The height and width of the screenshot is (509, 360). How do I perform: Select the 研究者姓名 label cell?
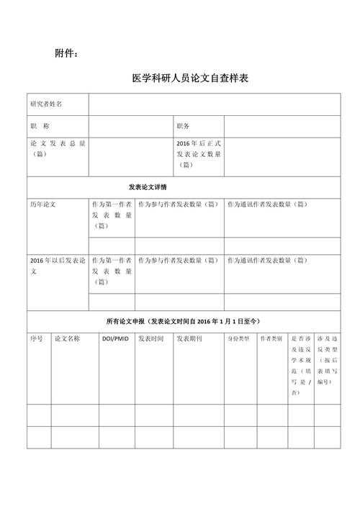click(x=46, y=104)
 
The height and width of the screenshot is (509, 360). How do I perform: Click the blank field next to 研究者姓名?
click(x=215, y=104)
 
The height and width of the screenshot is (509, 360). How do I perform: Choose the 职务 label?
click(x=183, y=126)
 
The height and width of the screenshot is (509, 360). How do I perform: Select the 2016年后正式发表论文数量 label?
click(x=198, y=154)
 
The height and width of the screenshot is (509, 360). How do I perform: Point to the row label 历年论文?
click(x=42, y=204)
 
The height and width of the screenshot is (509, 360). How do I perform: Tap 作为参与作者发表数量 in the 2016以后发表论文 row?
click(x=178, y=260)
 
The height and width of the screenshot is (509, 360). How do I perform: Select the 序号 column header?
click(x=37, y=338)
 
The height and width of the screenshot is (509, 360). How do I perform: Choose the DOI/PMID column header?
click(x=115, y=338)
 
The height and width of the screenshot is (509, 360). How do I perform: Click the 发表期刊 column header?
click(x=189, y=338)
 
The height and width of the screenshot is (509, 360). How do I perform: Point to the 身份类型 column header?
click(x=239, y=338)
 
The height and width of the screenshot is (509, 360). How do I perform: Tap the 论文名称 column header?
click(x=67, y=338)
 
